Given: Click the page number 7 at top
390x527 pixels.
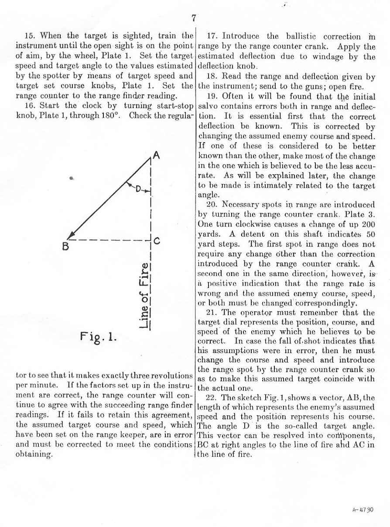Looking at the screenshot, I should click(x=195, y=18).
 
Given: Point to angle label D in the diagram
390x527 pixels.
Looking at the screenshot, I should click(x=138, y=189).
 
